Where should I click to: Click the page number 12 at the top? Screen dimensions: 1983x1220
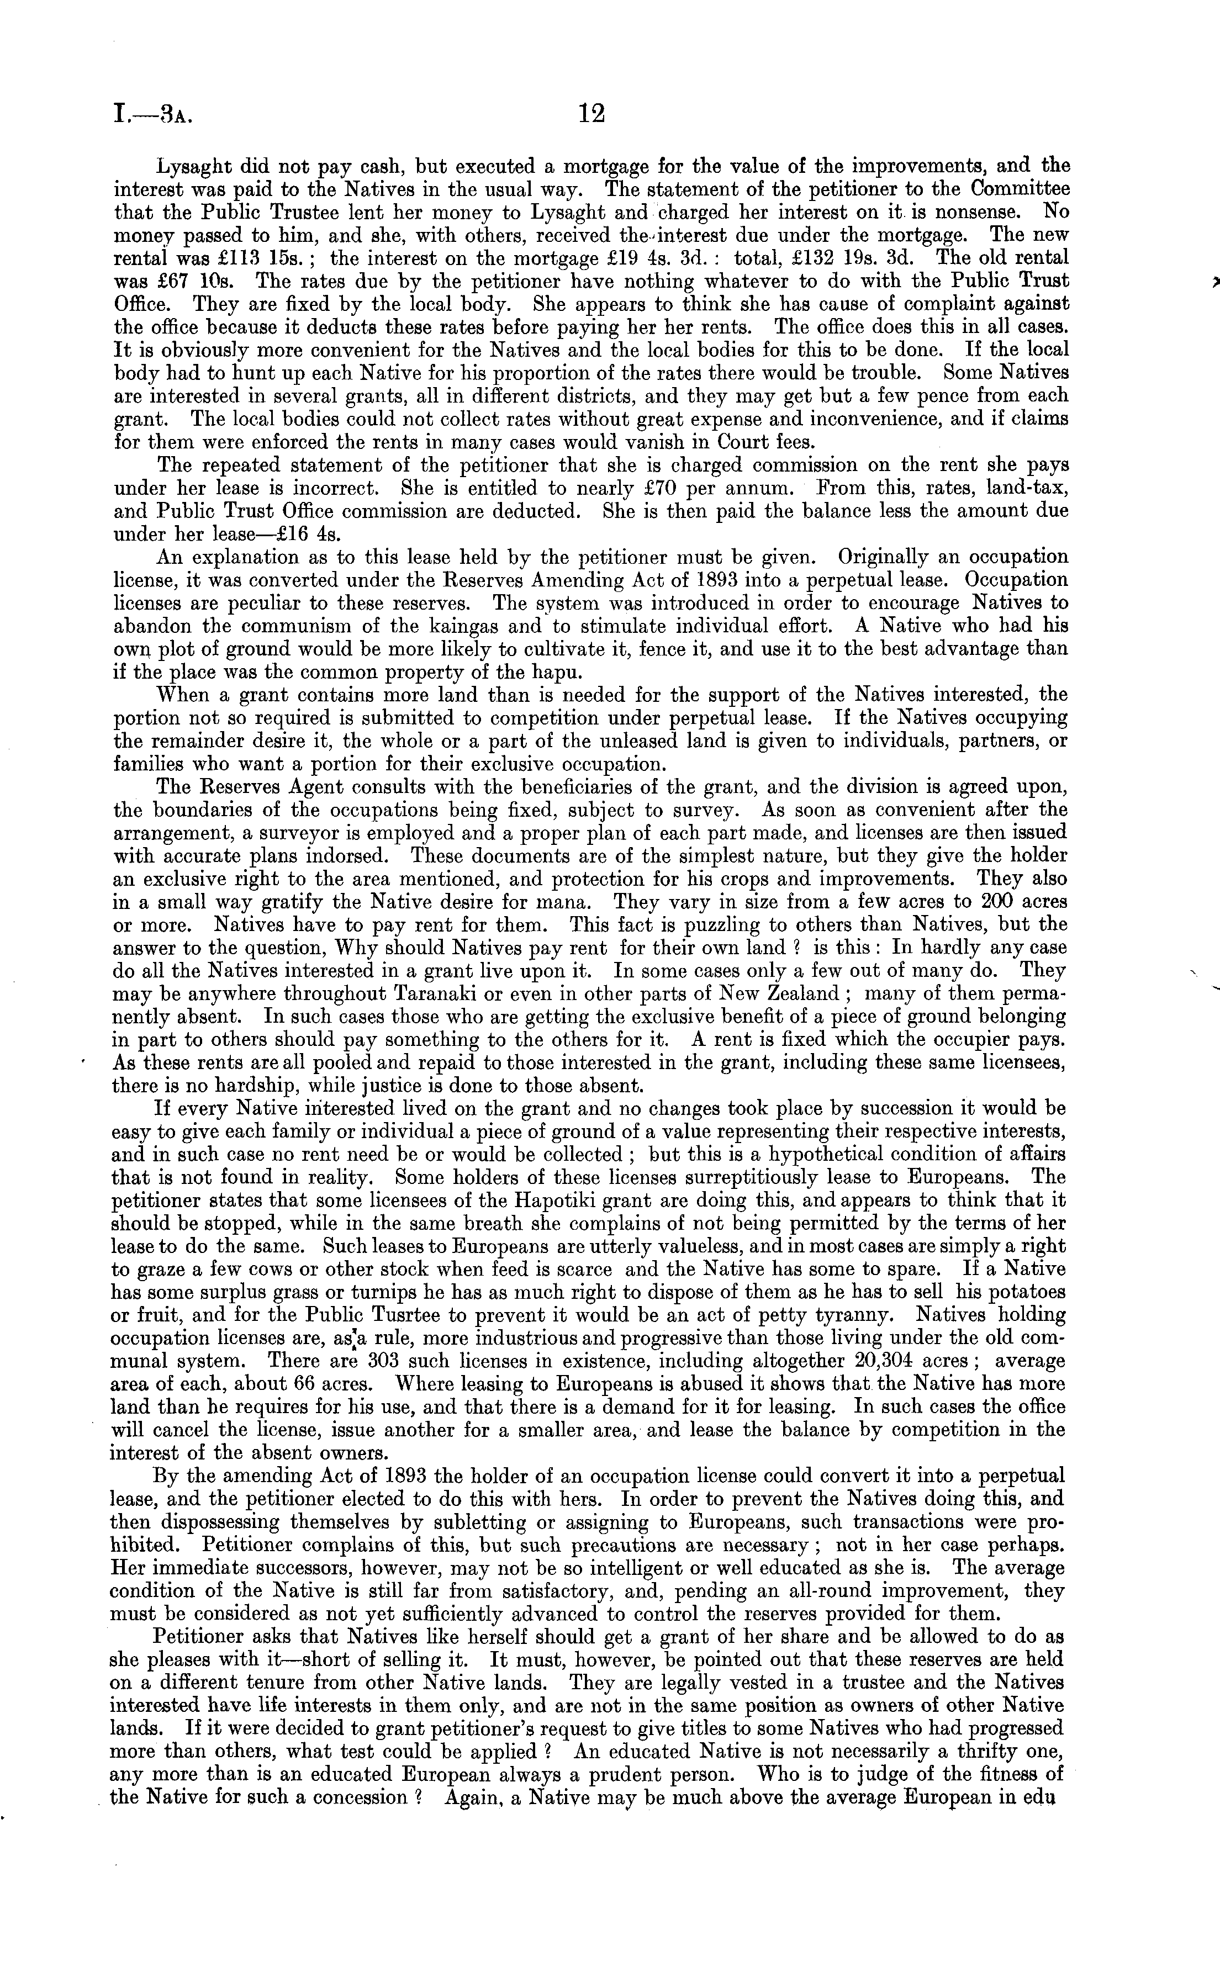(591, 114)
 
